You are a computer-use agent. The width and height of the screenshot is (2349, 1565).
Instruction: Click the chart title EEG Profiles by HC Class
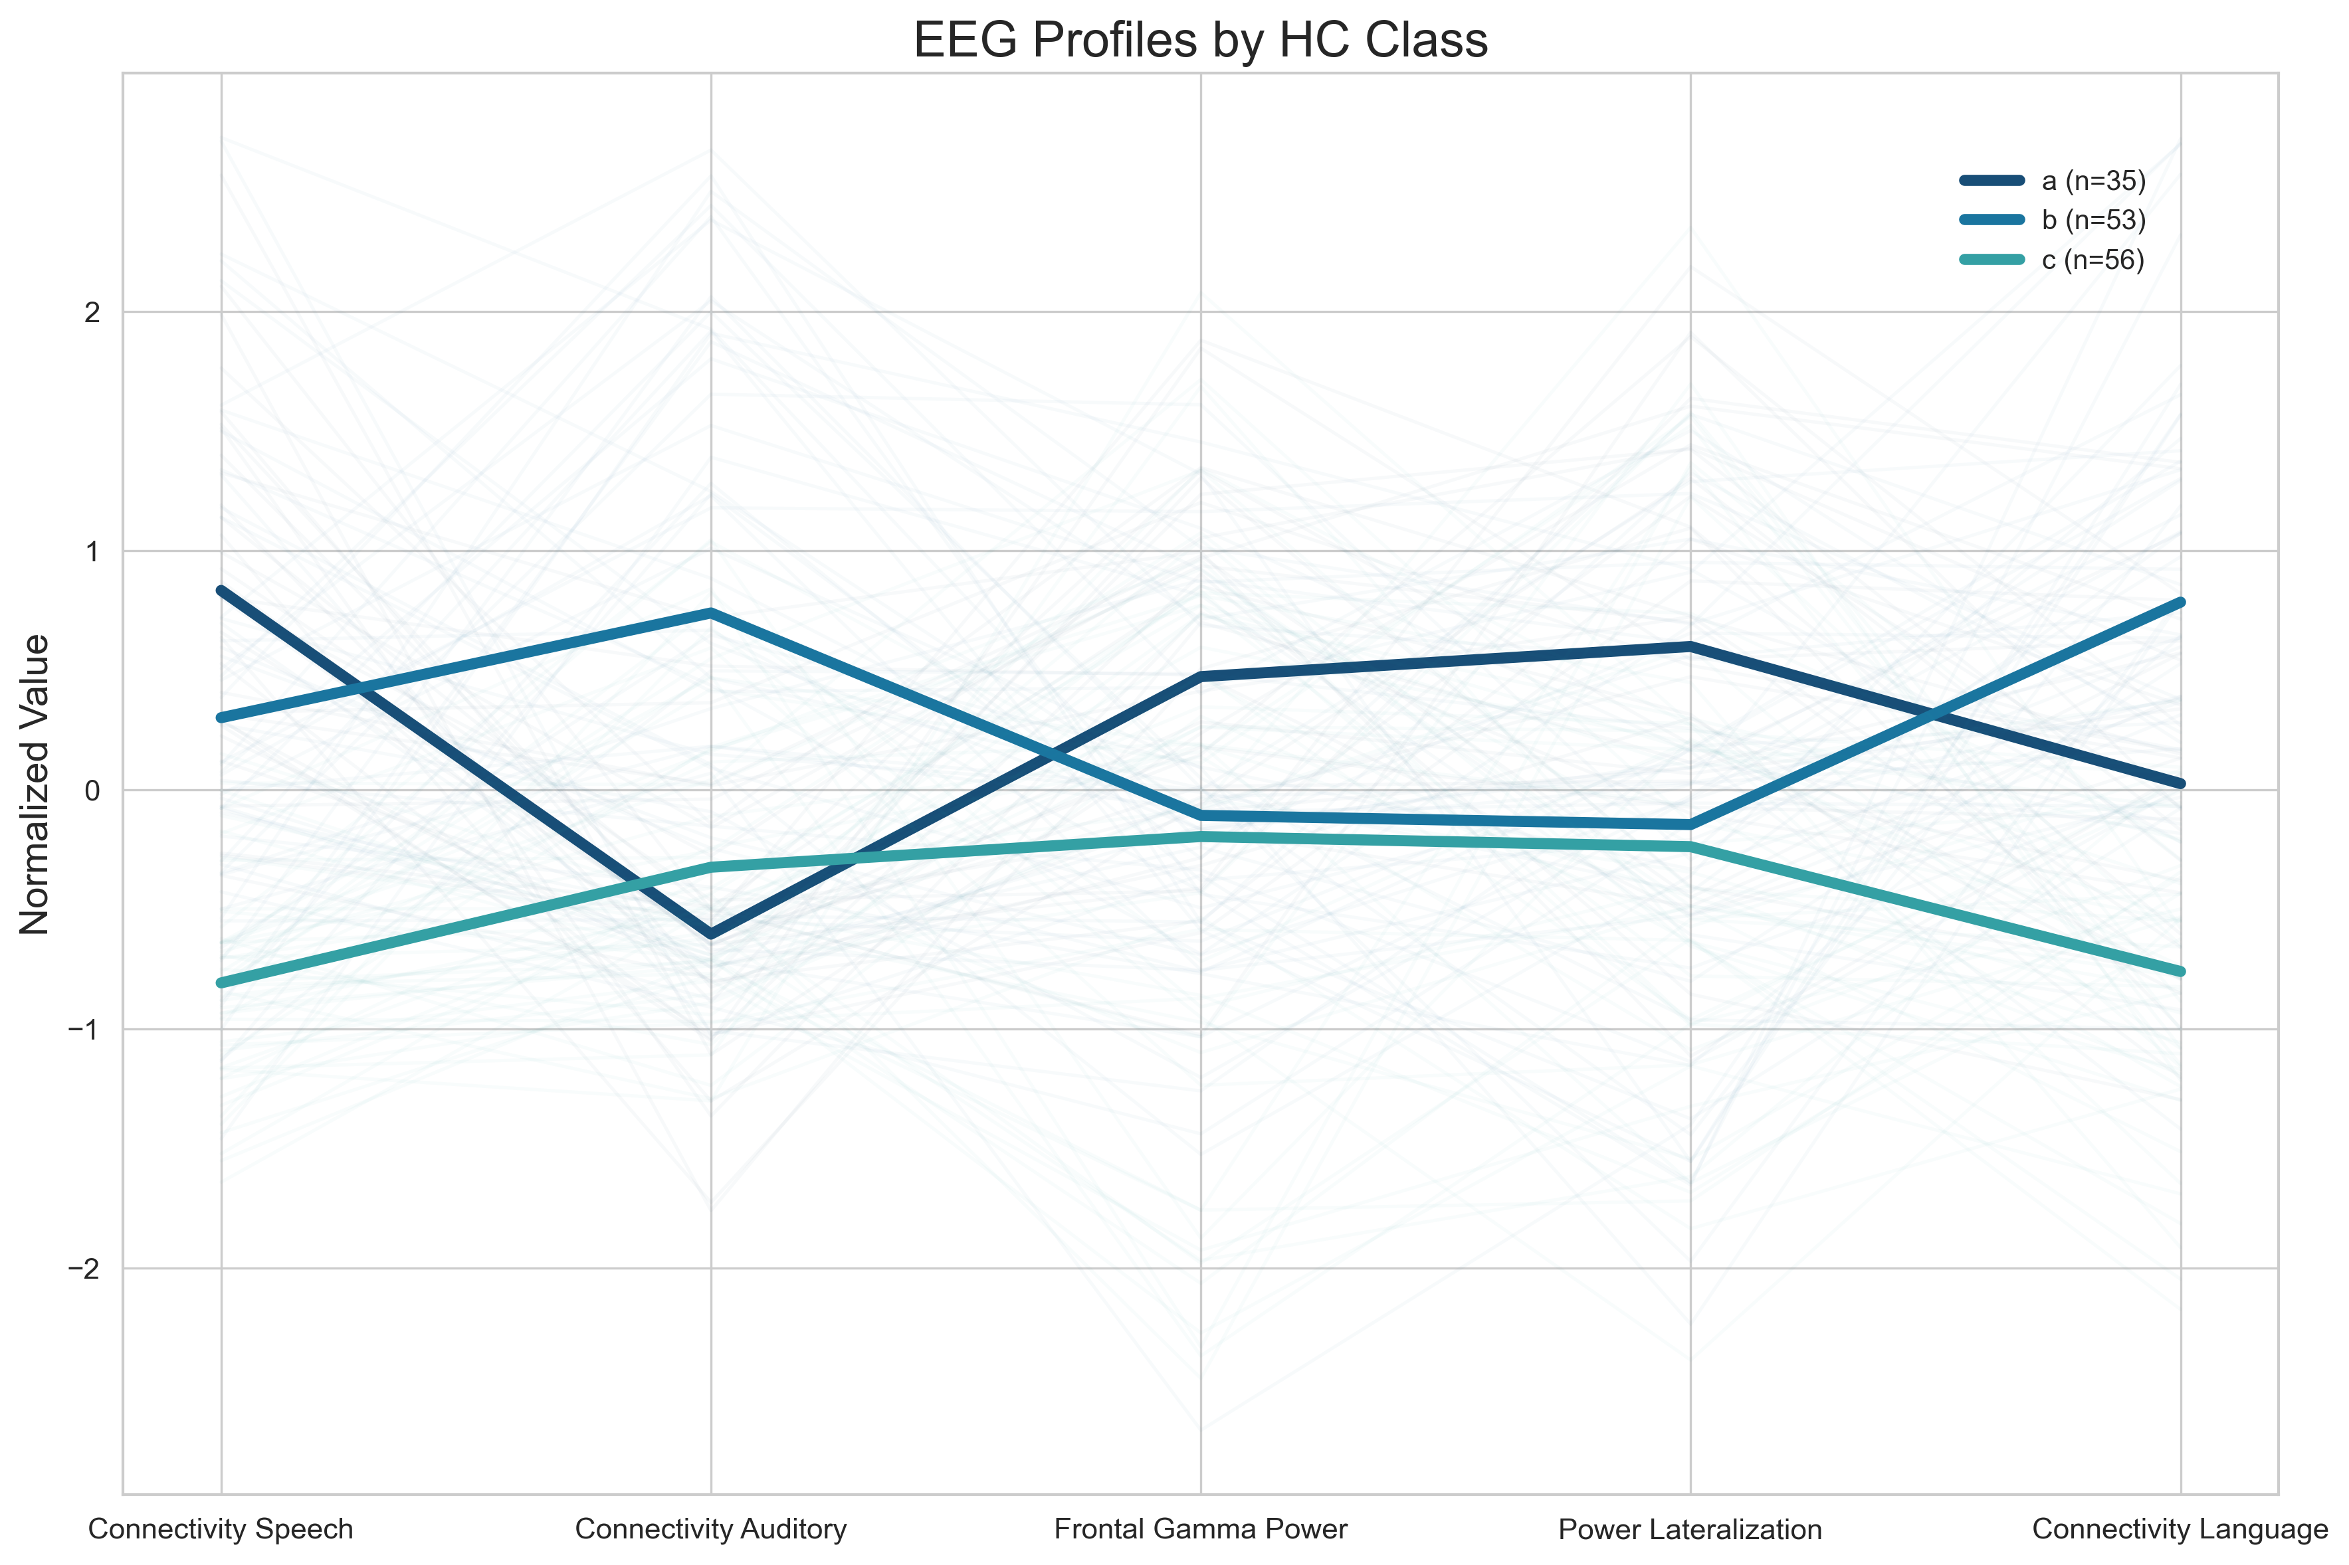[1200, 41]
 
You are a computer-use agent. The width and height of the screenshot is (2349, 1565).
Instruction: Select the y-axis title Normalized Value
[35, 784]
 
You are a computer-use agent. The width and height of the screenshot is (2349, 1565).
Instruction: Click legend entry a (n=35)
[2093, 181]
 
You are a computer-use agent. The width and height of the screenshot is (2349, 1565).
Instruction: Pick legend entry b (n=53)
[2093, 220]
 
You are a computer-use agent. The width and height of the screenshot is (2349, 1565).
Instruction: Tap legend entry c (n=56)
[2093, 260]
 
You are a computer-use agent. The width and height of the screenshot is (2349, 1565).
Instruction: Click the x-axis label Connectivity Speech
[221, 1529]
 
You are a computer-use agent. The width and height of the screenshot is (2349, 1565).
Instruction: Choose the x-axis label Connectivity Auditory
[711, 1529]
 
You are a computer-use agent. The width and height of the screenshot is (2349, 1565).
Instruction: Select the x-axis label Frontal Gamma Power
[1200, 1529]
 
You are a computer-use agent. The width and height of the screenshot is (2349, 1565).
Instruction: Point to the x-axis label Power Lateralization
[1690, 1529]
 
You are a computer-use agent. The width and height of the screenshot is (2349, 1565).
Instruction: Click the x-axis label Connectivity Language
[2180, 1529]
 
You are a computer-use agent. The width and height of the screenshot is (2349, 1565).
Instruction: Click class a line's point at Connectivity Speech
[221, 590]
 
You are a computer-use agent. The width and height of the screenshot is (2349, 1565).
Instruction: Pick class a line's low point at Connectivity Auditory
[711, 934]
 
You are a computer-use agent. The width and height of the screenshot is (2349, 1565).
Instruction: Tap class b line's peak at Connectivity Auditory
[711, 613]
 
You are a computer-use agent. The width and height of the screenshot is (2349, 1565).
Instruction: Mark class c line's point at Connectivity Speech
[221, 983]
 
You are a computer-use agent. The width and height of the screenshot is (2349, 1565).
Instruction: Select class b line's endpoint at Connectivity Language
[2180, 602]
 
